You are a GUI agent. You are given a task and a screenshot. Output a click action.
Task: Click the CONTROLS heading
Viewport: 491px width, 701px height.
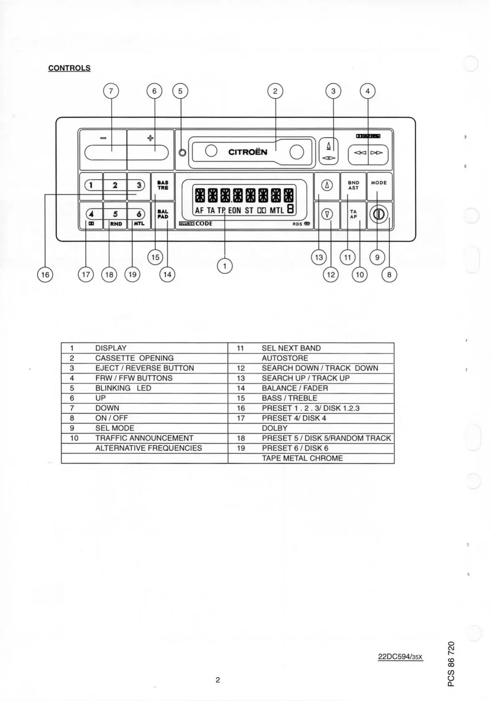pyautogui.click(x=69, y=68)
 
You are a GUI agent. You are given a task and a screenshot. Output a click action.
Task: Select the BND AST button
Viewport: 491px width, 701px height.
pyautogui.click(x=353, y=185)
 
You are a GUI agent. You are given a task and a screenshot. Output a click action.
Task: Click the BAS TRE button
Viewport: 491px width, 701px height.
pyautogui.click(x=163, y=185)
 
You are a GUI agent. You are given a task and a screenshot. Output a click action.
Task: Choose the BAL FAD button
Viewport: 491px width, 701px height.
pyautogui.click(x=163, y=214)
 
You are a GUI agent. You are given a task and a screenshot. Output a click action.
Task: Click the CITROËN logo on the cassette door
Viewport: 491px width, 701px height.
pyautogui.click(x=248, y=152)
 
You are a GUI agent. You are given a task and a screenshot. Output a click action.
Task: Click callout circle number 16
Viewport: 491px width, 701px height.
pyautogui.click(x=45, y=274)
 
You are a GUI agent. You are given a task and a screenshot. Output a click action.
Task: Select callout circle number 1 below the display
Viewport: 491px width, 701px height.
pyautogui.click(x=225, y=266)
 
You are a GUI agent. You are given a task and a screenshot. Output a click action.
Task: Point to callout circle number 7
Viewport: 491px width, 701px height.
pyautogui.click(x=111, y=91)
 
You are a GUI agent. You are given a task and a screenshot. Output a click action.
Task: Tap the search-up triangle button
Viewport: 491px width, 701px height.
pyautogui.click(x=327, y=185)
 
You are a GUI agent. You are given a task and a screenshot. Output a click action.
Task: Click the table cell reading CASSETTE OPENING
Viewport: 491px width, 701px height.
pyautogui.click(x=134, y=358)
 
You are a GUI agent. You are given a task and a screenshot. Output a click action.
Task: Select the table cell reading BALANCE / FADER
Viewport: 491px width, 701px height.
pyautogui.click(x=294, y=388)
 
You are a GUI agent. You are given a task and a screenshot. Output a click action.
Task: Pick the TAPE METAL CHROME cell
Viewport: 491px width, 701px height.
pyautogui.click(x=302, y=458)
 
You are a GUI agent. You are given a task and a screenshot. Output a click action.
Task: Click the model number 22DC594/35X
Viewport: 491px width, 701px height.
pyautogui.click(x=400, y=657)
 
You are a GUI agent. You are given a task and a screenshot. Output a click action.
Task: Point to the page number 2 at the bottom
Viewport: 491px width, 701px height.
pyautogui.click(x=217, y=680)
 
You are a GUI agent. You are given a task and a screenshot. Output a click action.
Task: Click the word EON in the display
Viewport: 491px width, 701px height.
pyautogui.click(x=235, y=211)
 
